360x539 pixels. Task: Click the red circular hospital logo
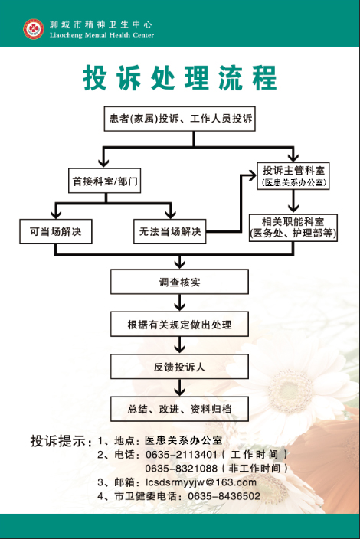34,29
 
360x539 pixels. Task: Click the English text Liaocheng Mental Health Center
102,35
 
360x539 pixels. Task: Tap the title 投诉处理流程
180,77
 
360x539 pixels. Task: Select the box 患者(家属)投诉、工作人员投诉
180,119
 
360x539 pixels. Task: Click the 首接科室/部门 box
104,181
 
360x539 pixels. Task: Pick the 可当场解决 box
56,231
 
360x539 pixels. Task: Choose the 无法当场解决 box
170,231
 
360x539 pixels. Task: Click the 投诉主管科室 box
293,175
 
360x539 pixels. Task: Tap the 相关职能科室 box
293,227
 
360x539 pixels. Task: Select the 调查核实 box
179,282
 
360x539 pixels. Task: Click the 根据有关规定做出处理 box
179,324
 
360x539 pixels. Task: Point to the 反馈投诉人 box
179,367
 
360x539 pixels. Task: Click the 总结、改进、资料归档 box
179,409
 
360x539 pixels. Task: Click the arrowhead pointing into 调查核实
179,265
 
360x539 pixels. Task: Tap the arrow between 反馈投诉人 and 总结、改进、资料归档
179,387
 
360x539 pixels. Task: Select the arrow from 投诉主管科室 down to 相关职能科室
293,201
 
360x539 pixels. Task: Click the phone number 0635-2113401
182,455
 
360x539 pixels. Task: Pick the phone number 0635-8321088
182,469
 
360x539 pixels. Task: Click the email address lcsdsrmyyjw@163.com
201,482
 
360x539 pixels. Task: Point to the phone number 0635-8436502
224,496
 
